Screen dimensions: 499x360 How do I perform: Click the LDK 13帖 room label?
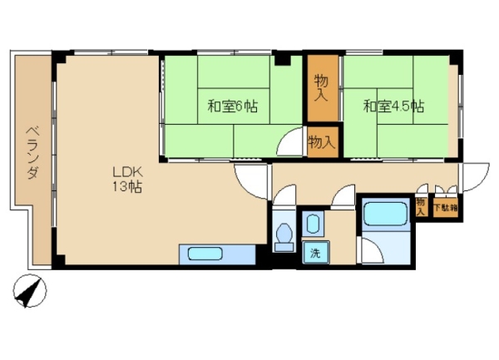[x=127, y=180]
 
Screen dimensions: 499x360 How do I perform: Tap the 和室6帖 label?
[x=233, y=106]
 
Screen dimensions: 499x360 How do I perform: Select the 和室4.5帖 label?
[x=393, y=106]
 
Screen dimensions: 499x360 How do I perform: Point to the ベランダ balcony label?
[x=32, y=153]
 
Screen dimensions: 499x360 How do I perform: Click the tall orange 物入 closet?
[x=323, y=88]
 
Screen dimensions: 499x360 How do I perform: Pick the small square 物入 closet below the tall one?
[x=323, y=142]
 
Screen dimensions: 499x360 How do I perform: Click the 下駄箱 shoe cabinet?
[x=446, y=209]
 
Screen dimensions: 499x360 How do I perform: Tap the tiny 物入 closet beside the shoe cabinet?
[x=421, y=207]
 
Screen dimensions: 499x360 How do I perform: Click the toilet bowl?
[x=284, y=237]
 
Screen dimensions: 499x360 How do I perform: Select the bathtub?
[x=385, y=215]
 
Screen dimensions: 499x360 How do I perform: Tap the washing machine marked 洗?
[x=316, y=253]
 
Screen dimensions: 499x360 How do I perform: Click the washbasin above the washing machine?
[x=313, y=224]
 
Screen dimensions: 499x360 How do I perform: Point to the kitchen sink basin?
[x=205, y=254]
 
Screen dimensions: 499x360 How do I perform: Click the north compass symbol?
[x=30, y=291]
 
